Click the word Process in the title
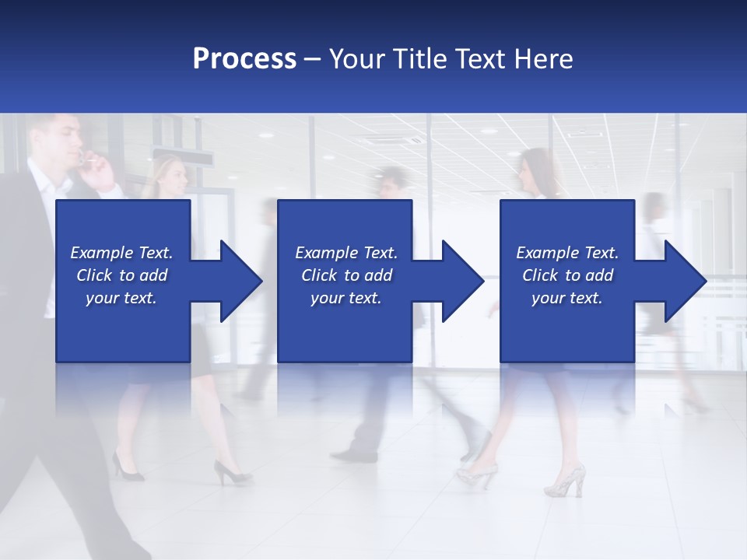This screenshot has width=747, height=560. click(x=244, y=59)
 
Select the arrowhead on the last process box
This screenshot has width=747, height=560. click(x=682, y=281)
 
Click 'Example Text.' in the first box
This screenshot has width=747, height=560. click(x=122, y=253)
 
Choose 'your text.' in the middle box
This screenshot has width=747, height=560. click(x=345, y=298)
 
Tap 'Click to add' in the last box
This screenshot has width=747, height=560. click(x=568, y=275)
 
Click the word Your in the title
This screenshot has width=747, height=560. click(x=356, y=59)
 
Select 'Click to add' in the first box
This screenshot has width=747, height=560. click(x=122, y=275)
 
